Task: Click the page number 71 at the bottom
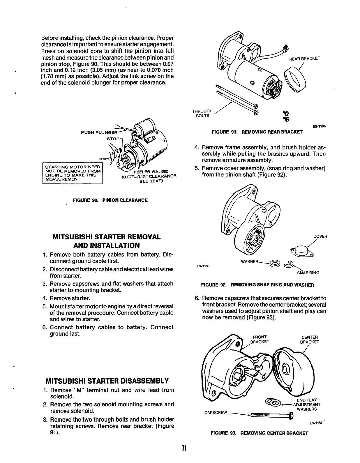184,448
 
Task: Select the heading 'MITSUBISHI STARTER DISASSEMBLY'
107,381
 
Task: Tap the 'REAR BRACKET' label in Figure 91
304,58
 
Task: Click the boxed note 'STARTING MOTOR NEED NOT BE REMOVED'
73,173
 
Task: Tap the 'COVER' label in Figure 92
320,236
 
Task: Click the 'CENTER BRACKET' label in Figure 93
310,340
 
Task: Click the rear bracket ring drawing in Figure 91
295,78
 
